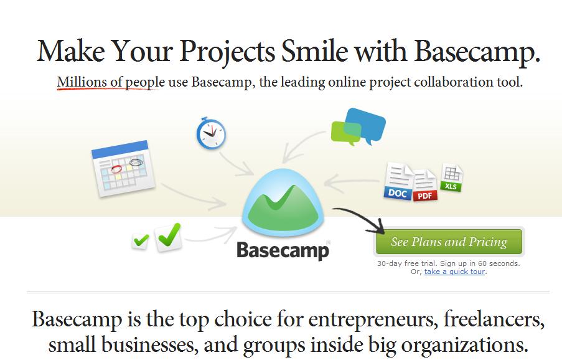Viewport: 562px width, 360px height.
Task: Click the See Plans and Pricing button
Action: point(449,242)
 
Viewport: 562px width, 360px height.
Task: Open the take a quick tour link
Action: point(454,272)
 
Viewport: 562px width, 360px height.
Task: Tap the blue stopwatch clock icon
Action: point(211,133)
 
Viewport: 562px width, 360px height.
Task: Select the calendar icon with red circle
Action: point(123,169)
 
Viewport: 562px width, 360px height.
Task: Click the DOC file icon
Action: point(398,181)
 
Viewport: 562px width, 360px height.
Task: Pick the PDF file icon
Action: point(426,186)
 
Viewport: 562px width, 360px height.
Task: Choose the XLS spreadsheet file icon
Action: point(451,178)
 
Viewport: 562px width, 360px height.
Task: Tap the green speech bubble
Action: point(346,133)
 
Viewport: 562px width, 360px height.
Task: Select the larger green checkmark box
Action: point(169,237)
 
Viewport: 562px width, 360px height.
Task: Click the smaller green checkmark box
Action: point(141,240)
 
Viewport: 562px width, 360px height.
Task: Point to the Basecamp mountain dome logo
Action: point(283,202)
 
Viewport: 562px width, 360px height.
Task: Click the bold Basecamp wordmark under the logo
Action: point(283,250)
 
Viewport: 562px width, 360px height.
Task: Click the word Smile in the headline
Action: point(314,51)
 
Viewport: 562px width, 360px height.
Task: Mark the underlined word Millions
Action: point(82,82)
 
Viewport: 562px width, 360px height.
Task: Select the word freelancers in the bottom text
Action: point(494,318)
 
